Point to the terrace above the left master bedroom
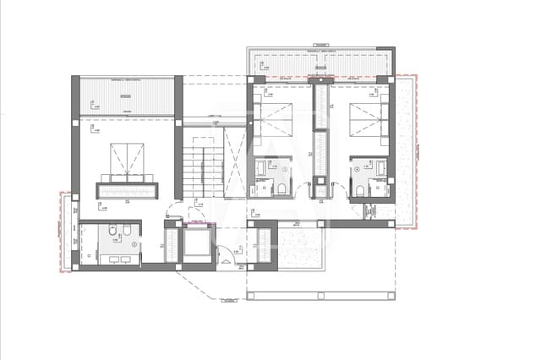[127, 95]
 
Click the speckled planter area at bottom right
[300, 248]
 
